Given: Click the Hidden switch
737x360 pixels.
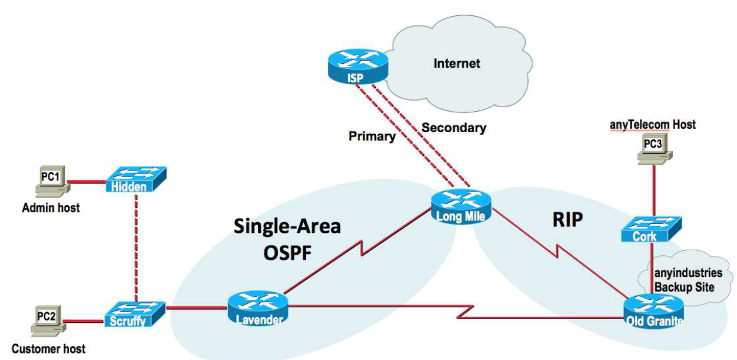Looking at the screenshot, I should pyautogui.click(x=135, y=181).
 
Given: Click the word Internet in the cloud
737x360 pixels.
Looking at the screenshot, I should pyautogui.click(x=457, y=64).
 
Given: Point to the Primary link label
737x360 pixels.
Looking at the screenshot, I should pyautogui.click(x=372, y=136).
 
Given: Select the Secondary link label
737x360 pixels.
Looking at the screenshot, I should pyautogui.click(x=453, y=128).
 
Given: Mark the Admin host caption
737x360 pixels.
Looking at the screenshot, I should pyautogui.click(x=50, y=207).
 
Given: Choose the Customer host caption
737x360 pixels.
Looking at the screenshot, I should pyautogui.click(x=48, y=349).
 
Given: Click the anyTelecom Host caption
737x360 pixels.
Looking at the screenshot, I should pyautogui.click(x=651, y=125).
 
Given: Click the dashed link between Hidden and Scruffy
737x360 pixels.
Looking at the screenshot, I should pyautogui.click(x=136, y=246).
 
